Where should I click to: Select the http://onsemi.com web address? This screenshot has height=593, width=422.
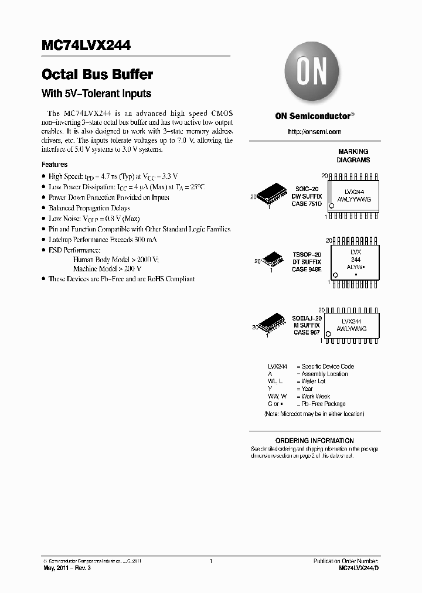click(315, 132)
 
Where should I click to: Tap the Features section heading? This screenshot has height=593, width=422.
click(55, 165)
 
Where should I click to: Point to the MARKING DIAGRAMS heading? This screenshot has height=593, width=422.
click(353, 156)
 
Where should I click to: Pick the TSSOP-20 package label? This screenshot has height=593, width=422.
click(307, 255)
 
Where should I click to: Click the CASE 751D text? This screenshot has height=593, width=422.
click(307, 204)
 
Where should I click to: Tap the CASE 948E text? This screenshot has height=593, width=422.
click(307, 270)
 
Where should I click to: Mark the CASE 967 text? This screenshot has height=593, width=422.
click(307, 332)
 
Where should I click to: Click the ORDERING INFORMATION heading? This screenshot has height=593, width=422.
click(315, 441)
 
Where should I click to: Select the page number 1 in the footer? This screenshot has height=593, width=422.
click(210, 561)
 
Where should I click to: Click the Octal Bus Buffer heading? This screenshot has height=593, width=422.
click(97, 75)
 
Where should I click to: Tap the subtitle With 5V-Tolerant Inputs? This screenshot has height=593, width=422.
click(97, 93)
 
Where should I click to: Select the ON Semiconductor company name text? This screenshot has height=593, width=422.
click(313, 115)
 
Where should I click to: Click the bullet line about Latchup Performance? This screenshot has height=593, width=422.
click(103, 240)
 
